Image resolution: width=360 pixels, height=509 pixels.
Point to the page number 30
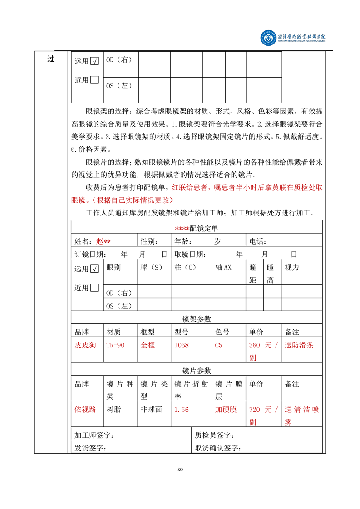pyautogui.click(x=180, y=470)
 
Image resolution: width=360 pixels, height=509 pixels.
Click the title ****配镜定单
pyautogui.click(x=197, y=229)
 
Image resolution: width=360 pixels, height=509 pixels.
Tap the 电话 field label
pyautogui.click(x=257, y=241)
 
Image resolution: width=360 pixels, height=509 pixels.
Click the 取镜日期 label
pyautogui.click(x=190, y=254)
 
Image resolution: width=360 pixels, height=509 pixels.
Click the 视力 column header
pyautogui.click(x=292, y=268)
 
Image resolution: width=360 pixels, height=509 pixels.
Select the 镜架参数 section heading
pyautogui.click(x=197, y=319)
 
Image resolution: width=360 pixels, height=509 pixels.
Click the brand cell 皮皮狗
pyautogui.click(x=85, y=345)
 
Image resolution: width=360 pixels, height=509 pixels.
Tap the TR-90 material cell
pyautogui.click(x=115, y=345)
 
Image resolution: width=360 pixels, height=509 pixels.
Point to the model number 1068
pyautogui.click(x=182, y=345)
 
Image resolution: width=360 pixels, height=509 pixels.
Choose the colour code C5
pyautogui.click(x=218, y=345)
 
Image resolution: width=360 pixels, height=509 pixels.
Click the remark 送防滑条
pyautogui.click(x=299, y=345)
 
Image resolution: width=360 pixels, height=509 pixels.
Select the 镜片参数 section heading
pyautogui.click(x=197, y=371)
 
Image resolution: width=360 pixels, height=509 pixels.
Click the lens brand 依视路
pyautogui.click(x=85, y=409)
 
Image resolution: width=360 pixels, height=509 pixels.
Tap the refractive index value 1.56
pyautogui.click(x=182, y=409)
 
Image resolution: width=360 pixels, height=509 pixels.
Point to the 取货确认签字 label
pyautogui.click(x=217, y=448)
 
